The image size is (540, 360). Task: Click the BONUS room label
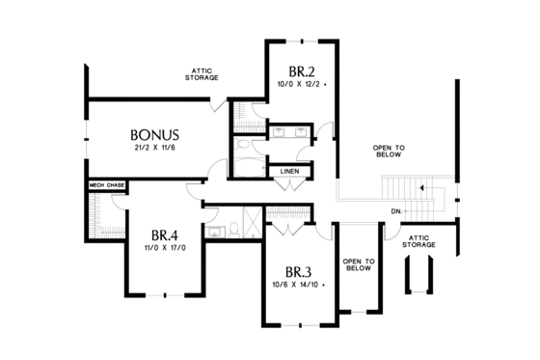155,133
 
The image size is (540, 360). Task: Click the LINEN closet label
289,172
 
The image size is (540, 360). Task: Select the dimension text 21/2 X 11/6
154,150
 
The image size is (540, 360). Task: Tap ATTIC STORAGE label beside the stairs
420,240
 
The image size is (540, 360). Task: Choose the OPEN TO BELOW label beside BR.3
358,265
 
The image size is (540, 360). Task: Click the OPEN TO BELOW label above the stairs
389,150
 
